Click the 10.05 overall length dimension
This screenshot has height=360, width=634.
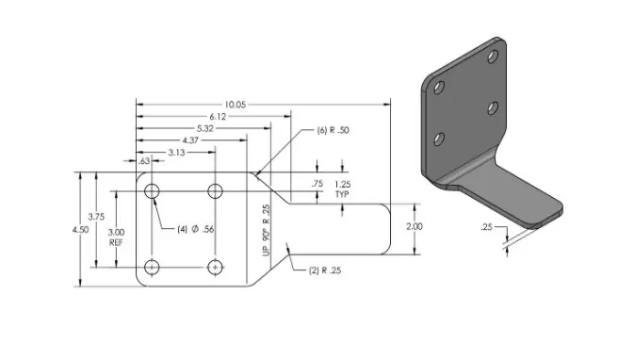click(236, 105)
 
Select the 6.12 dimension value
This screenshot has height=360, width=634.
click(218, 117)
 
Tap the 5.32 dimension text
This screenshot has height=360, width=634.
click(205, 128)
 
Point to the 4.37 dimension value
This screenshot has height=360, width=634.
click(190, 140)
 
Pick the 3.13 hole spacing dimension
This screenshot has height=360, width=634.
click(176, 153)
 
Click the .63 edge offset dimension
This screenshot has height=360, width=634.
click(144, 161)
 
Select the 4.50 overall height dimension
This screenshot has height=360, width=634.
click(80, 230)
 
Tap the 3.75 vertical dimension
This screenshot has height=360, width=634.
click(96, 217)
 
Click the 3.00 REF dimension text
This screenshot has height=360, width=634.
click(116, 237)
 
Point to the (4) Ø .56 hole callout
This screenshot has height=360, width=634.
click(196, 229)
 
